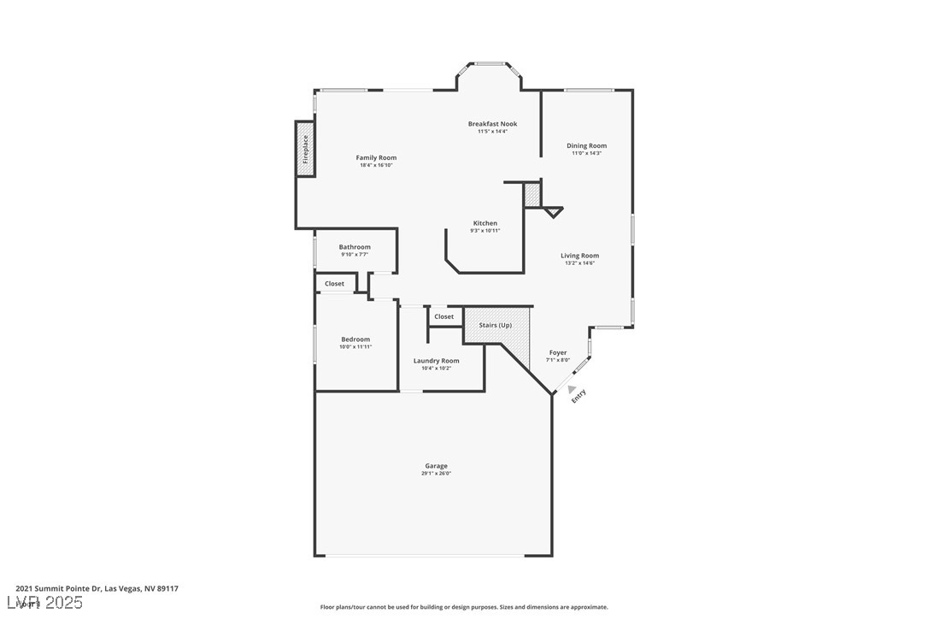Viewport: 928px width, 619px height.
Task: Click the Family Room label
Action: (x=376, y=157)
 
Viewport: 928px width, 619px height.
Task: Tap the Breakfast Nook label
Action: (x=492, y=124)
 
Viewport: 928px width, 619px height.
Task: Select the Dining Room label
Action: (x=586, y=145)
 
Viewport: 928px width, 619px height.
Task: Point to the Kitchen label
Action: (x=485, y=223)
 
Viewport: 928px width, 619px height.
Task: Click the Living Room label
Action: (x=579, y=256)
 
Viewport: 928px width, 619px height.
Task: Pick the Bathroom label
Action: (x=355, y=247)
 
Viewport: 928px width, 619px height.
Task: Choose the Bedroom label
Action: (x=355, y=339)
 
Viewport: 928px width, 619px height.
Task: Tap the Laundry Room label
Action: (x=436, y=361)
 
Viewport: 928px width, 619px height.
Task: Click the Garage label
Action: (x=436, y=466)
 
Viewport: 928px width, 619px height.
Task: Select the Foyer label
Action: (x=557, y=352)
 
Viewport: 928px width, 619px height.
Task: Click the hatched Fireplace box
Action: (x=305, y=150)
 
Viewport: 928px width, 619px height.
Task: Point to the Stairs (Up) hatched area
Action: (x=496, y=326)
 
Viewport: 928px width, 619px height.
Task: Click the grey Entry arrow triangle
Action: (x=572, y=389)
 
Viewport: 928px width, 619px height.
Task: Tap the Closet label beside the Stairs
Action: (x=443, y=316)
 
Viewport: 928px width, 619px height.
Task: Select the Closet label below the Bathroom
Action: (x=334, y=284)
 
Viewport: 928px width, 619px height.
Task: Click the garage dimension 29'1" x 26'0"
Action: (x=436, y=474)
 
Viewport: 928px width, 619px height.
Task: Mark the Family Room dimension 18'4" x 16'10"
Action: (x=376, y=165)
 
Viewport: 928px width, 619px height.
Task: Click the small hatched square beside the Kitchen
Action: (x=532, y=195)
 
